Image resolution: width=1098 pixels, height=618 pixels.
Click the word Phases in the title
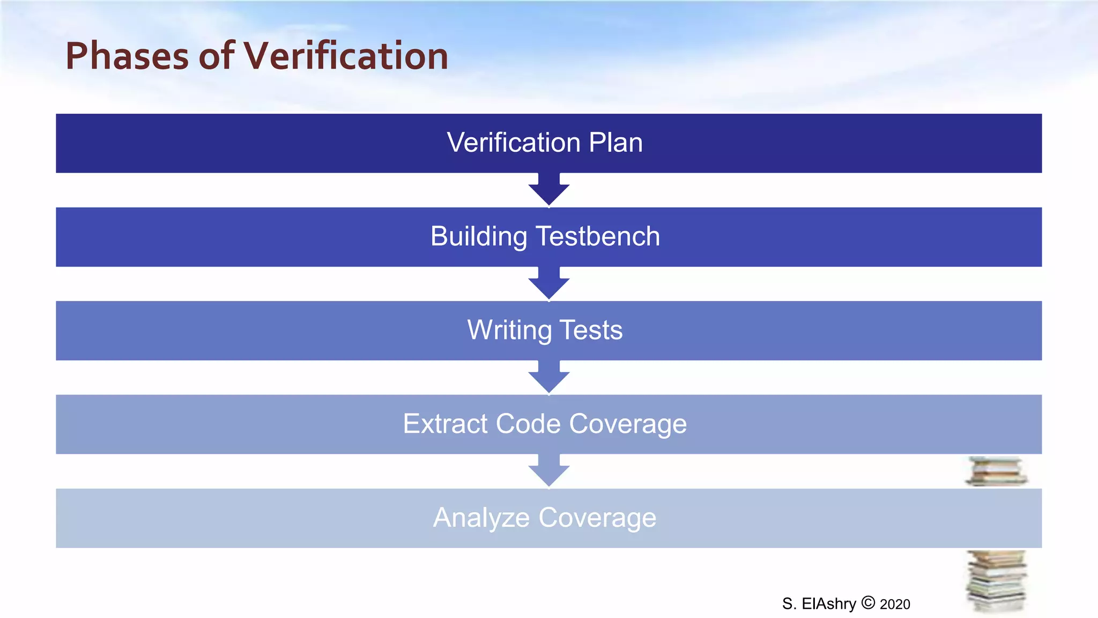(x=127, y=56)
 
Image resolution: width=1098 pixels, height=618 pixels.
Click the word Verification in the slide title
(x=346, y=56)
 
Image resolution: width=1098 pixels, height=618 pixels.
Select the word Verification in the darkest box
(x=514, y=143)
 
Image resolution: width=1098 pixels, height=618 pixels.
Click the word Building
(x=479, y=237)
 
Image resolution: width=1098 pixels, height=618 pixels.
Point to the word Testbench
(x=598, y=237)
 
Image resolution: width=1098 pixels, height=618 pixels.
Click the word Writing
(x=509, y=330)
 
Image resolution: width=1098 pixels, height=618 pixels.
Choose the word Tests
(x=591, y=330)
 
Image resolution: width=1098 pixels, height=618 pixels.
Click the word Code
(x=528, y=424)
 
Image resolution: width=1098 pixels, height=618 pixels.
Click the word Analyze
(x=481, y=518)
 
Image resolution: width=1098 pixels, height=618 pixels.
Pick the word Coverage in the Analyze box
(x=597, y=518)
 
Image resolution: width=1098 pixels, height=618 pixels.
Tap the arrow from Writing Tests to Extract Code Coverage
(x=549, y=377)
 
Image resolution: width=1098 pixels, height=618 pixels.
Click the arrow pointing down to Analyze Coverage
(x=549, y=471)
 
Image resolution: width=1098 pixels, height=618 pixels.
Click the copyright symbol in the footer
(x=868, y=603)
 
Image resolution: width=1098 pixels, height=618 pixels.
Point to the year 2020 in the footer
(x=895, y=605)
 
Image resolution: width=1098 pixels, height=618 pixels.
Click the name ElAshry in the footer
(x=829, y=604)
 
